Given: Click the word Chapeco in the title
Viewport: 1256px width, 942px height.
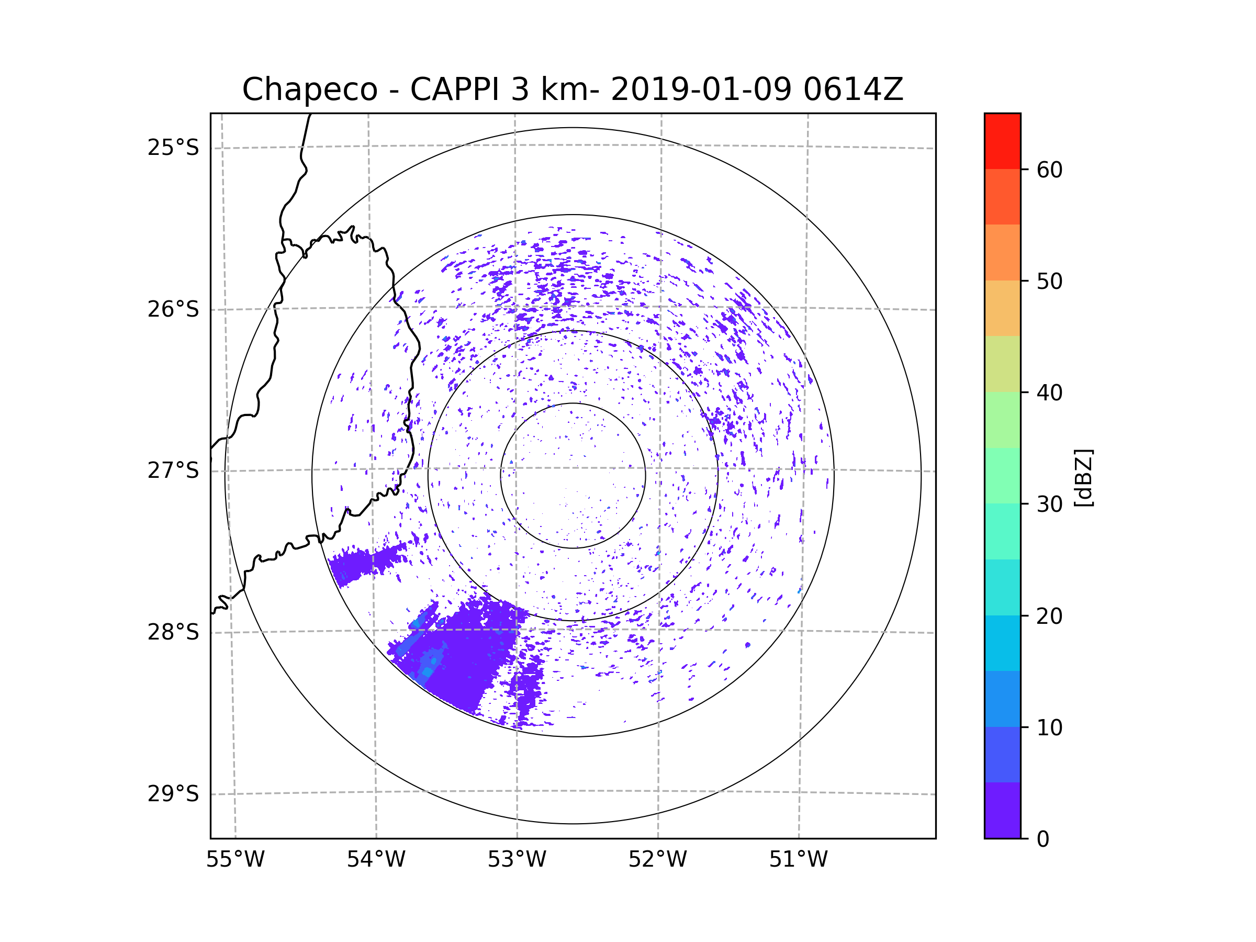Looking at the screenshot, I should pos(309,89).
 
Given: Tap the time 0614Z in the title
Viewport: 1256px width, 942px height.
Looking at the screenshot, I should pos(853,89).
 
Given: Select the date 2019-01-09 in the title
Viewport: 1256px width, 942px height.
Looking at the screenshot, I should pos(701,89).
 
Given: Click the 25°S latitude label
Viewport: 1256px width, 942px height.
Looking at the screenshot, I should pos(173,148).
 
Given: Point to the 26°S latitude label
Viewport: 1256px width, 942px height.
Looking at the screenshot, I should pos(173,309).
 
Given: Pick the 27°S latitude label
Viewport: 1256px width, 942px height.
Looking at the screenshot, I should pos(173,470).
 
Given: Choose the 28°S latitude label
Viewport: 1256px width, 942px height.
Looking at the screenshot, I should pos(173,632).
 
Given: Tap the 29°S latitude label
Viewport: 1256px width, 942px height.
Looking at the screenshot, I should pos(173,794).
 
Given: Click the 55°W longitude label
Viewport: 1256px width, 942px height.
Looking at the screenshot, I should pos(235,860).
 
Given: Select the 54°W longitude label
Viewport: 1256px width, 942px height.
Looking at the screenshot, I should pos(376,860).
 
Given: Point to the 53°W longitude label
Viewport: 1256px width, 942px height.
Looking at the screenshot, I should pos(517,860).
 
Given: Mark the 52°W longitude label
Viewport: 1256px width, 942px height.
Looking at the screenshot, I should pos(657,860).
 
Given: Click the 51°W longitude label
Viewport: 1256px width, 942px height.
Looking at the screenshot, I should pos(798,860).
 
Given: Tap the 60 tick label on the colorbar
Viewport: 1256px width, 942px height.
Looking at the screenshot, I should pos(1049,170).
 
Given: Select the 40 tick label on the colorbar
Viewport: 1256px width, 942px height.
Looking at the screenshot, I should pos(1049,393).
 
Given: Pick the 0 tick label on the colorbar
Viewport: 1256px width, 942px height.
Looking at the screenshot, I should pos(1043,839).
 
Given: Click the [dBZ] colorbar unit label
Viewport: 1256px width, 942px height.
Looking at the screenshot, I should pos(1083,478).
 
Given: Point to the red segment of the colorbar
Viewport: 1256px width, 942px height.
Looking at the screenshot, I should pos(1002,141).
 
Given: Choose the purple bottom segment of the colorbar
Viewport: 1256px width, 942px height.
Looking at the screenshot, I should pos(1002,811).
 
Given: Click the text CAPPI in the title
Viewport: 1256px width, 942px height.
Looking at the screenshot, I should pos(454,89).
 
